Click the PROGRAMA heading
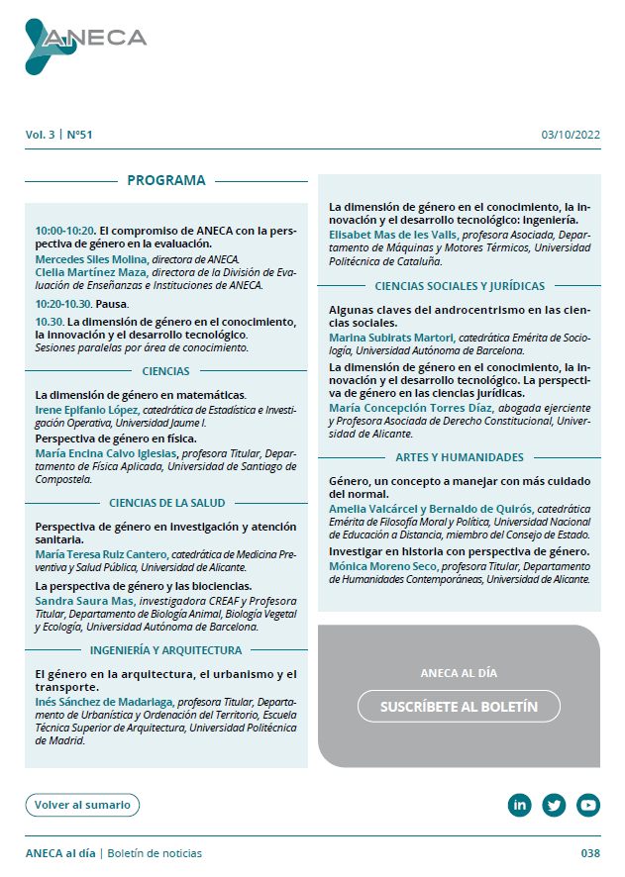pos(165,180)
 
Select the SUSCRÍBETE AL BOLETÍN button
pos(459,707)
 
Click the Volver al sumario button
pos(82,805)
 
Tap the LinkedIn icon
pos(519,805)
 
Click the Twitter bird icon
pos(554,805)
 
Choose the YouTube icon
pos(588,805)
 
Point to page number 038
pos(590,853)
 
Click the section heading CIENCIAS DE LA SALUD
pos(166,503)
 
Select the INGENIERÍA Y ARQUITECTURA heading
pos(165,650)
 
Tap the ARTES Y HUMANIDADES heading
pos(459,458)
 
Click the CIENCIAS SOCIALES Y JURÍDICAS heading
pos(460,286)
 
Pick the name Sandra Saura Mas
pos(83,601)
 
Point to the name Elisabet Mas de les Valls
pos(393,235)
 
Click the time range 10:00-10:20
pos(64,230)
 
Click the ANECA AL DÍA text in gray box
pos(459,673)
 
